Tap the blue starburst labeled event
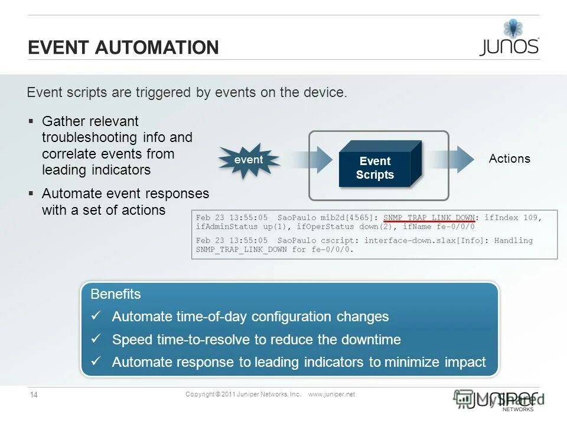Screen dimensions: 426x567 (249, 160)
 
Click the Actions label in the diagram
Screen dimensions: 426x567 (509, 159)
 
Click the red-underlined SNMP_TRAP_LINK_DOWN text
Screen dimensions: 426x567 (429, 218)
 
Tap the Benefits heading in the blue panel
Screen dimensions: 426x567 (115, 294)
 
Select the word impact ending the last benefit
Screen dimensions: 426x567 (464, 362)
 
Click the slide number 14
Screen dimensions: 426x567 (34, 395)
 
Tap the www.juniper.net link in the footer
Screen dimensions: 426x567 (331, 395)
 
